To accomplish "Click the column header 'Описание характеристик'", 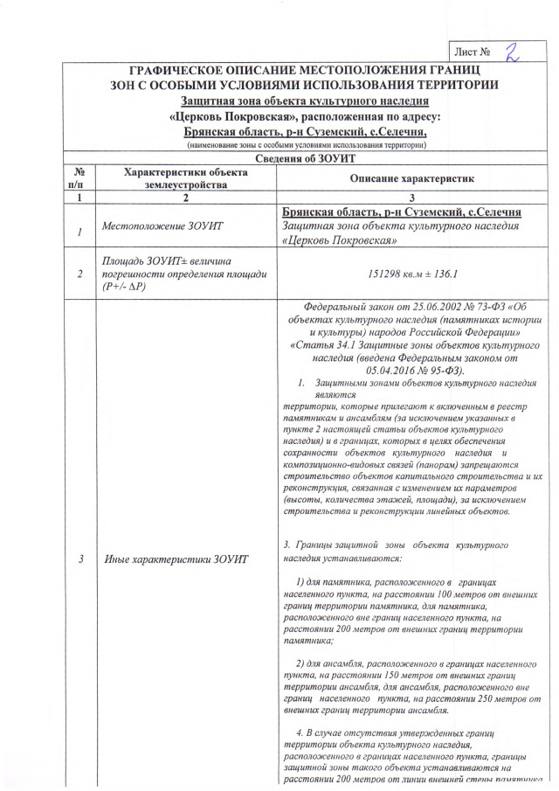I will pyautogui.click(x=411, y=178).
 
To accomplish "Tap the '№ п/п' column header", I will pyautogui.click(x=79, y=178).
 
